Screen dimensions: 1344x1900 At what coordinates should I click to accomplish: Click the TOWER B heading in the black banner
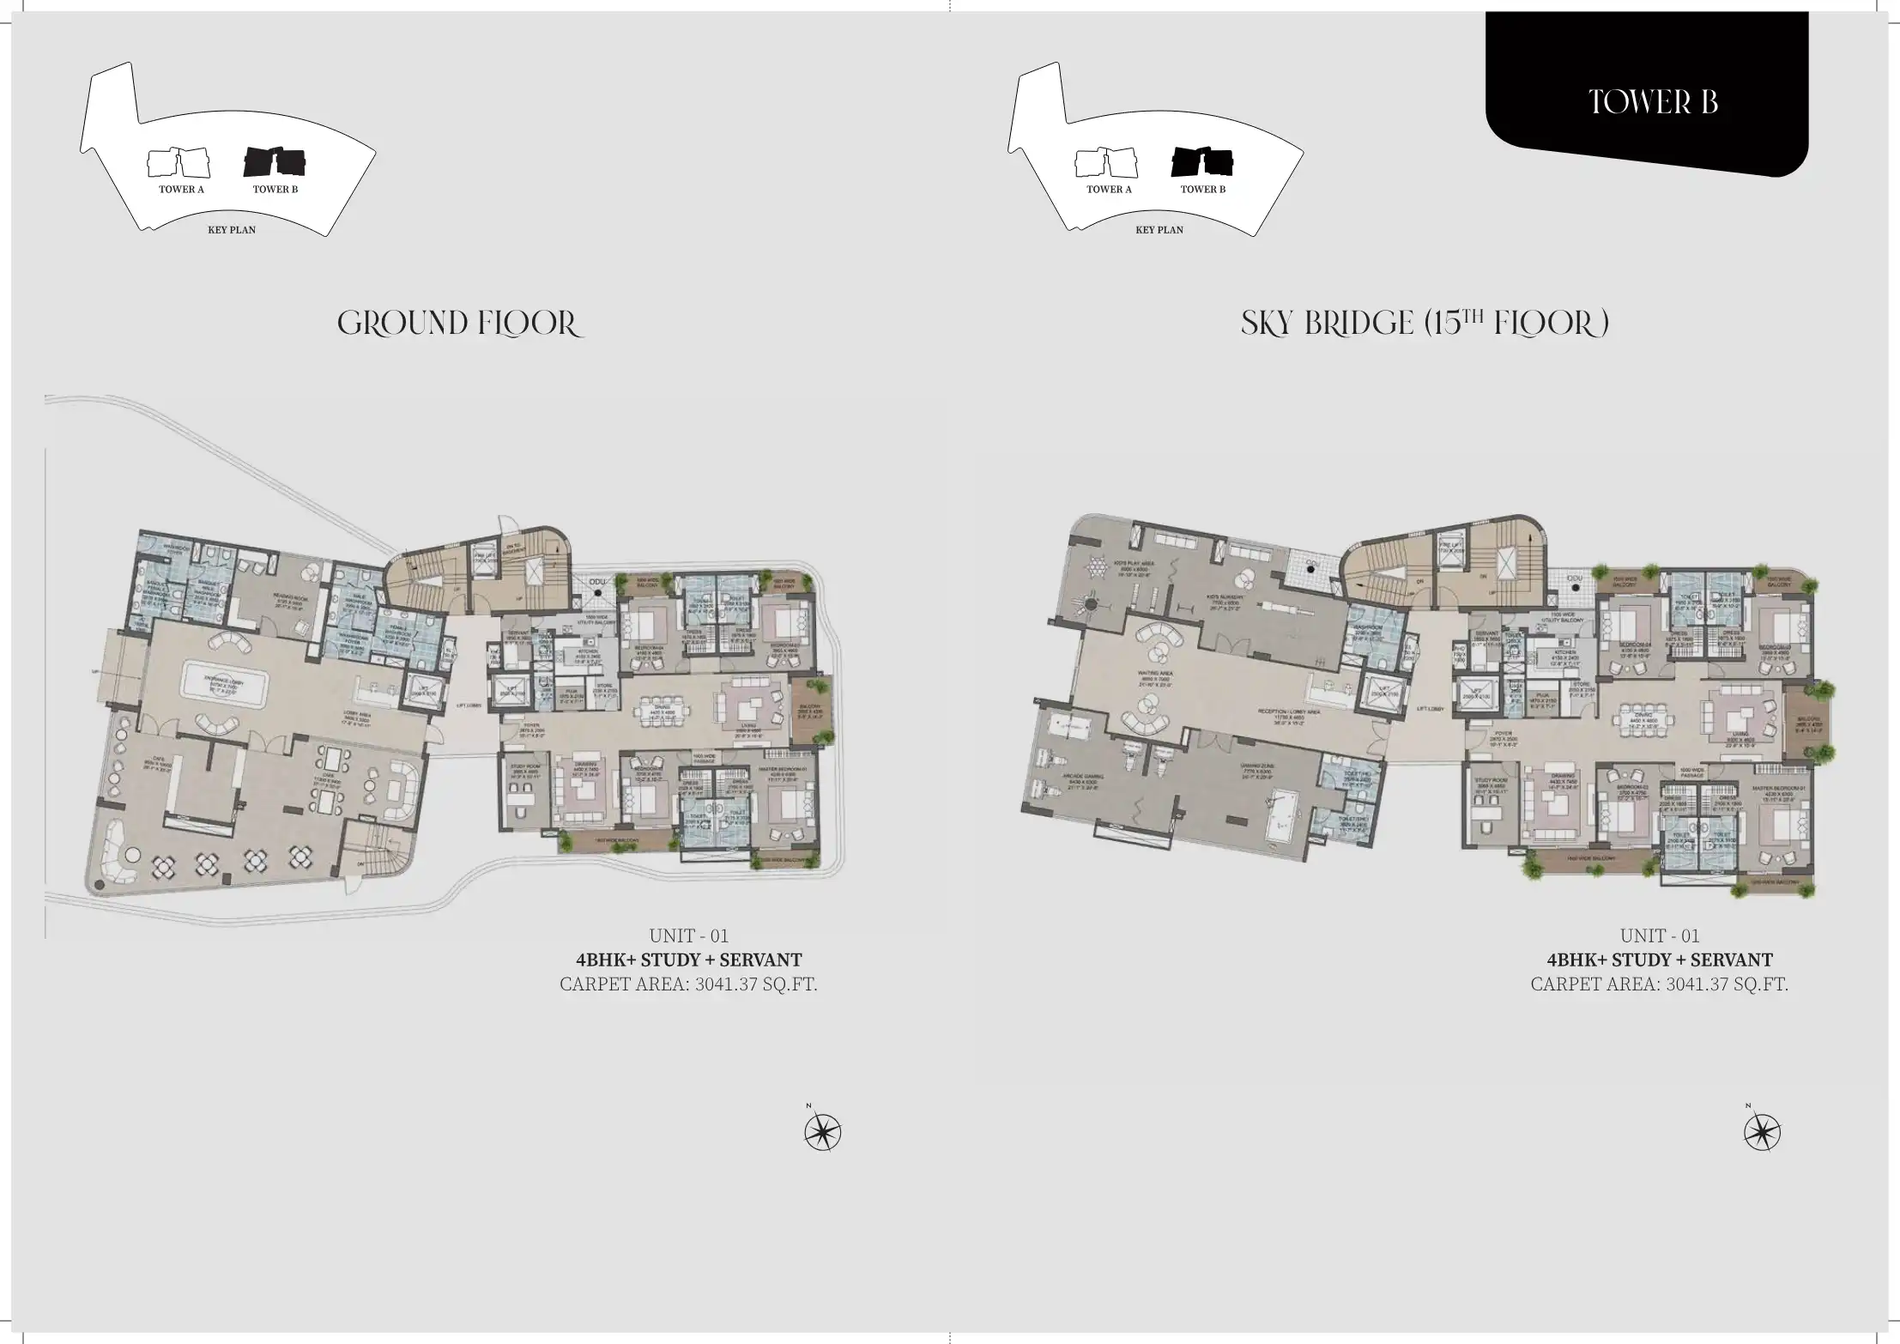pyautogui.click(x=1653, y=102)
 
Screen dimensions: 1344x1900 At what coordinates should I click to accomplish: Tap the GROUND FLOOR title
pyautogui.click(x=460, y=324)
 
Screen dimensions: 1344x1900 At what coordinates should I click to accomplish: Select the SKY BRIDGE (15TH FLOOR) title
pyautogui.click(x=1425, y=324)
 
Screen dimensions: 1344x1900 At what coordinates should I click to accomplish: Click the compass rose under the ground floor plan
pyautogui.click(x=822, y=1133)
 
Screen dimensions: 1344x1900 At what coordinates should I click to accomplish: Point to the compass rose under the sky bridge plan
pyautogui.click(x=1762, y=1133)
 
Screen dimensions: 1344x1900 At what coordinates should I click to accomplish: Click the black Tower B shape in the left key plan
pyautogui.click(x=275, y=161)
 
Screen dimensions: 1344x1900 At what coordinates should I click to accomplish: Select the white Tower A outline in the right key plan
pyautogui.click(x=1107, y=162)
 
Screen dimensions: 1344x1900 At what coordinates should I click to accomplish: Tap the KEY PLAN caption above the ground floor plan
pyautogui.click(x=232, y=230)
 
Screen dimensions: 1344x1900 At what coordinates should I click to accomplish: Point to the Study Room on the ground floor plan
pyautogui.click(x=524, y=770)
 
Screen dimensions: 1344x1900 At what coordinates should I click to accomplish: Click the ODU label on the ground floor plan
pyautogui.click(x=598, y=583)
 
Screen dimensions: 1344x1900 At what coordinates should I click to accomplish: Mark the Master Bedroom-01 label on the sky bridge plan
pyautogui.click(x=1778, y=791)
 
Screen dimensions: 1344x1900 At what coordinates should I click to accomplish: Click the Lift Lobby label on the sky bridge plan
pyautogui.click(x=1430, y=709)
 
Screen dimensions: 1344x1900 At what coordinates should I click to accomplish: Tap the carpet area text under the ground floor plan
pyautogui.click(x=688, y=984)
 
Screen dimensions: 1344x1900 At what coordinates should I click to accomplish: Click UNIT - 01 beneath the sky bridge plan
pyautogui.click(x=1660, y=935)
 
